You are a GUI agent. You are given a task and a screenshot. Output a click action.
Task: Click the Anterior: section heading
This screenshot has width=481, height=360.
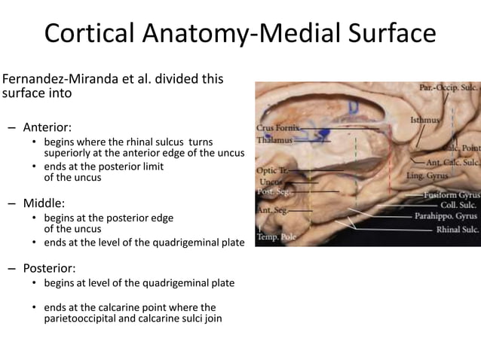47,127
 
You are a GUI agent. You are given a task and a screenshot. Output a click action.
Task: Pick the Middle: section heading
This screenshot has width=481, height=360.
44,203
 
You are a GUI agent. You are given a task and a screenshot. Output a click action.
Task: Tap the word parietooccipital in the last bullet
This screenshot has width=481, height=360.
82,319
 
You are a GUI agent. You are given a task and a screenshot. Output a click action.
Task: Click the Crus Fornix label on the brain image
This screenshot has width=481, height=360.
275,128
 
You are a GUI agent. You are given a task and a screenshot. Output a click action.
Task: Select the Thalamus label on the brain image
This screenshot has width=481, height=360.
270,139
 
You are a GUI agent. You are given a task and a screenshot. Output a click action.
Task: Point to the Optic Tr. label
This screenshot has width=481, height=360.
268,170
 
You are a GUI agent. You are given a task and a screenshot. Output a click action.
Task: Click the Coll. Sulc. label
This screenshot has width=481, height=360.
457,205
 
